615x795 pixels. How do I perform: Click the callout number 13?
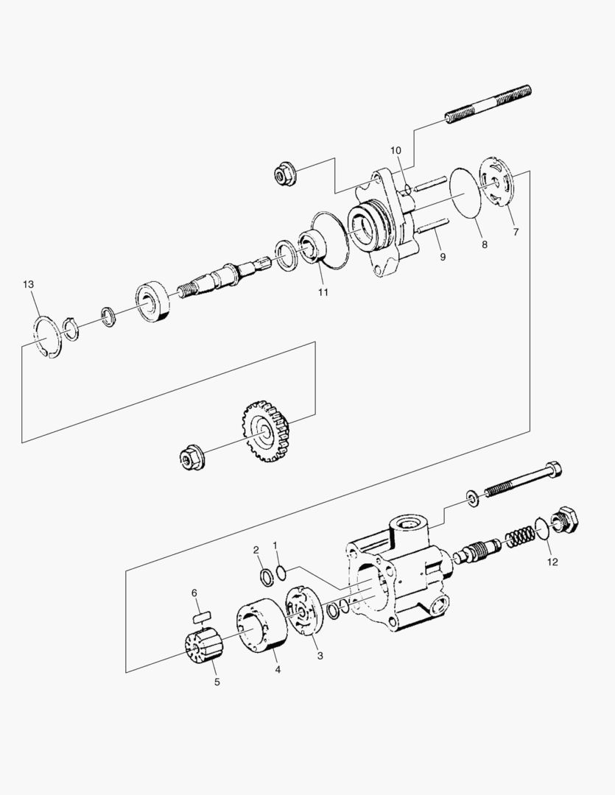tap(28, 285)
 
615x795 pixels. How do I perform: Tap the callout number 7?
tap(516, 231)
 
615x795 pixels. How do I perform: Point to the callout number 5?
tap(217, 681)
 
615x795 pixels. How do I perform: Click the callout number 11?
tap(323, 291)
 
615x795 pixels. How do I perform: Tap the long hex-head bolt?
tap(523, 482)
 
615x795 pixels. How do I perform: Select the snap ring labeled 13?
tap(48, 335)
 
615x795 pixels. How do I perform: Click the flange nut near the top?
tap(282, 175)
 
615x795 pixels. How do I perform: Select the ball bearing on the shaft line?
tap(153, 299)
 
